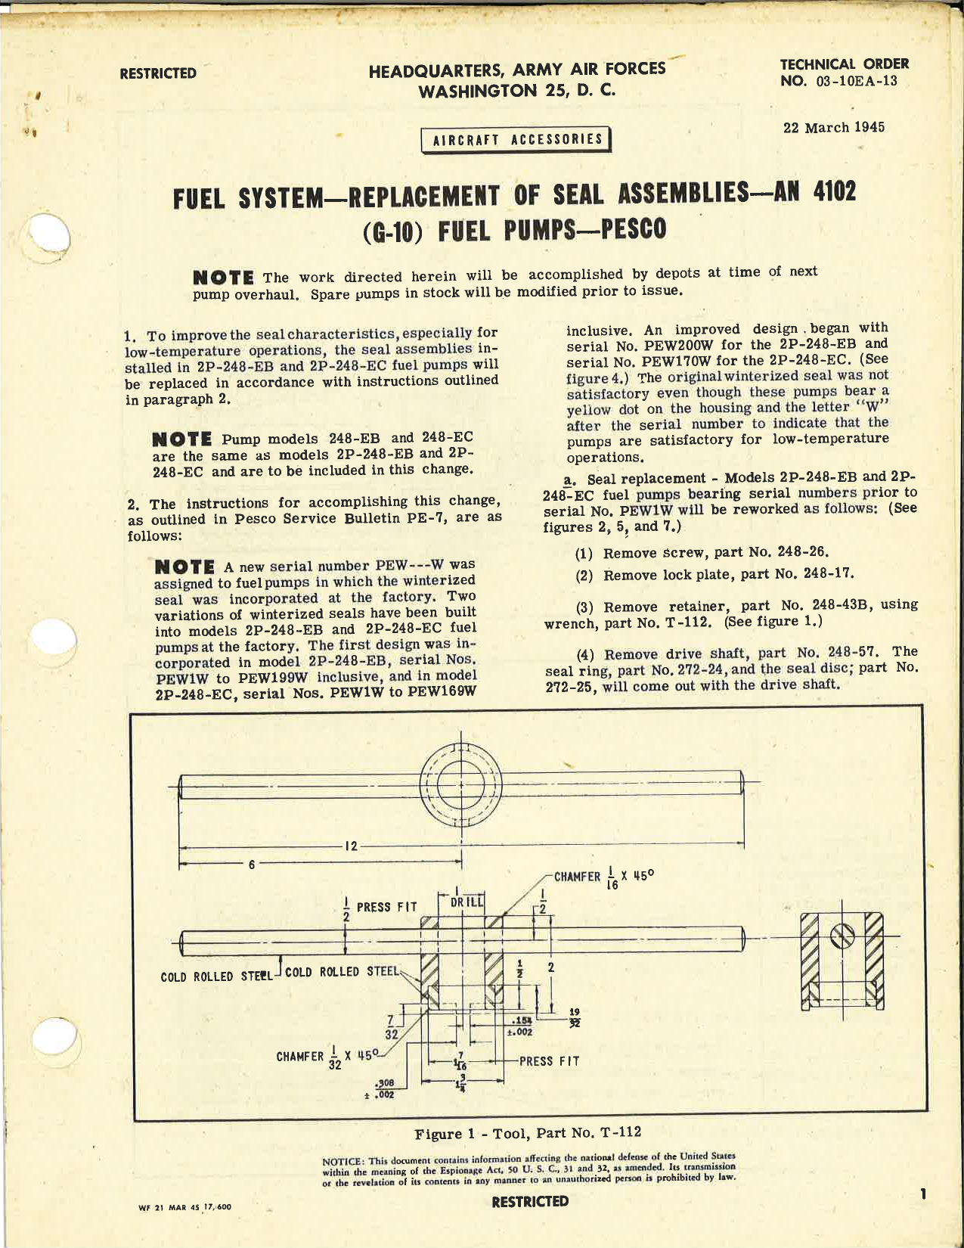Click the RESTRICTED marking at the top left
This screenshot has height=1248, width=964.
click(157, 73)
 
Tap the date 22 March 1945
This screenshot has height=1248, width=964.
click(833, 127)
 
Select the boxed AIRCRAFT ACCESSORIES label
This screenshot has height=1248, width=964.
click(518, 140)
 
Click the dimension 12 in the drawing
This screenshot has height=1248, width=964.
click(351, 846)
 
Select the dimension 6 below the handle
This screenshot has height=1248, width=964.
click(252, 864)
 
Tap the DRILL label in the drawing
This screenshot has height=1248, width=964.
click(461, 902)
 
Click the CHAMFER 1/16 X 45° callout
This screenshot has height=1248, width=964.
click(603, 877)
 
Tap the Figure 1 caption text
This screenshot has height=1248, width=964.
click(528, 1132)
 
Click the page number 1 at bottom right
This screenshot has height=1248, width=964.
click(923, 1194)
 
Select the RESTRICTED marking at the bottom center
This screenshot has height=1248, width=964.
click(529, 1201)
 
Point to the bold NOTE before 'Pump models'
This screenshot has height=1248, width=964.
click(181, 439)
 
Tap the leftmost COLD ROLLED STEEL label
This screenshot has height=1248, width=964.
click(215, 976)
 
